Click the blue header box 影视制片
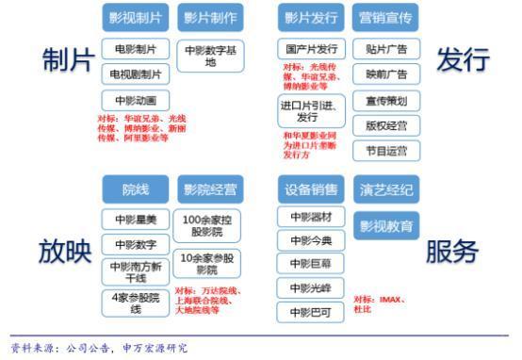click(x=135, y=17)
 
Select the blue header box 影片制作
click(x=209, y=17)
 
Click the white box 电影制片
click(x=135, y=48)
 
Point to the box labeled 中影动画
click(x=135, y=100)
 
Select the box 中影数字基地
click(x=209, y=56)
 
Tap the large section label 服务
click(x=455, y=251)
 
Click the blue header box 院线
click(x=135, y=190)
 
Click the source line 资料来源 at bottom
click(x=99, y=348)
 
